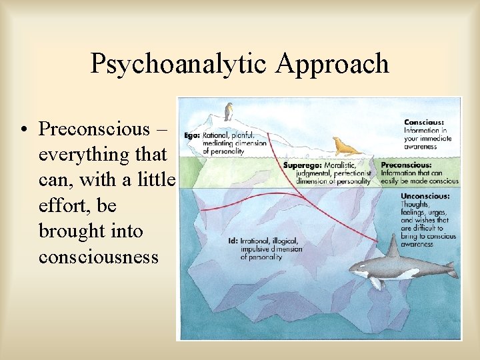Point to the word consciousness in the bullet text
pyautogui.click(x=99, y=257)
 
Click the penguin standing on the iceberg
pyautogui.click(x=230, y=111)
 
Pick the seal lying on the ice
pyautogui.click(x=346, y=147)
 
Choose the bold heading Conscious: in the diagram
pyautogui.click(x=425, y=123)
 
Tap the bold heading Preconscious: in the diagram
pyautogui.click(x=406, y=165)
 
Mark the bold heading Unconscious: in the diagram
pyautogui.click(x=425, y=197)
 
